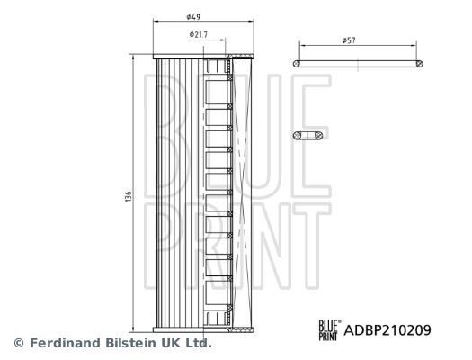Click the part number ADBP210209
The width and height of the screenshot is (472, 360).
(387, 330)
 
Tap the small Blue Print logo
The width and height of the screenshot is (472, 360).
(328, 330)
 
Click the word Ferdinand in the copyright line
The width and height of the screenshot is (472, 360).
(61, 343)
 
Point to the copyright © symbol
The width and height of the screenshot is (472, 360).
(18, 343)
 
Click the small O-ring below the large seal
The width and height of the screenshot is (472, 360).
(310, 135)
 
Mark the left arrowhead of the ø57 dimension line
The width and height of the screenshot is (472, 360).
(301, 47)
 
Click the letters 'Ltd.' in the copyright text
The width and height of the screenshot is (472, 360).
(197, 343)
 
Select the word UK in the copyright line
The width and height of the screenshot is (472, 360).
(170, 343)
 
